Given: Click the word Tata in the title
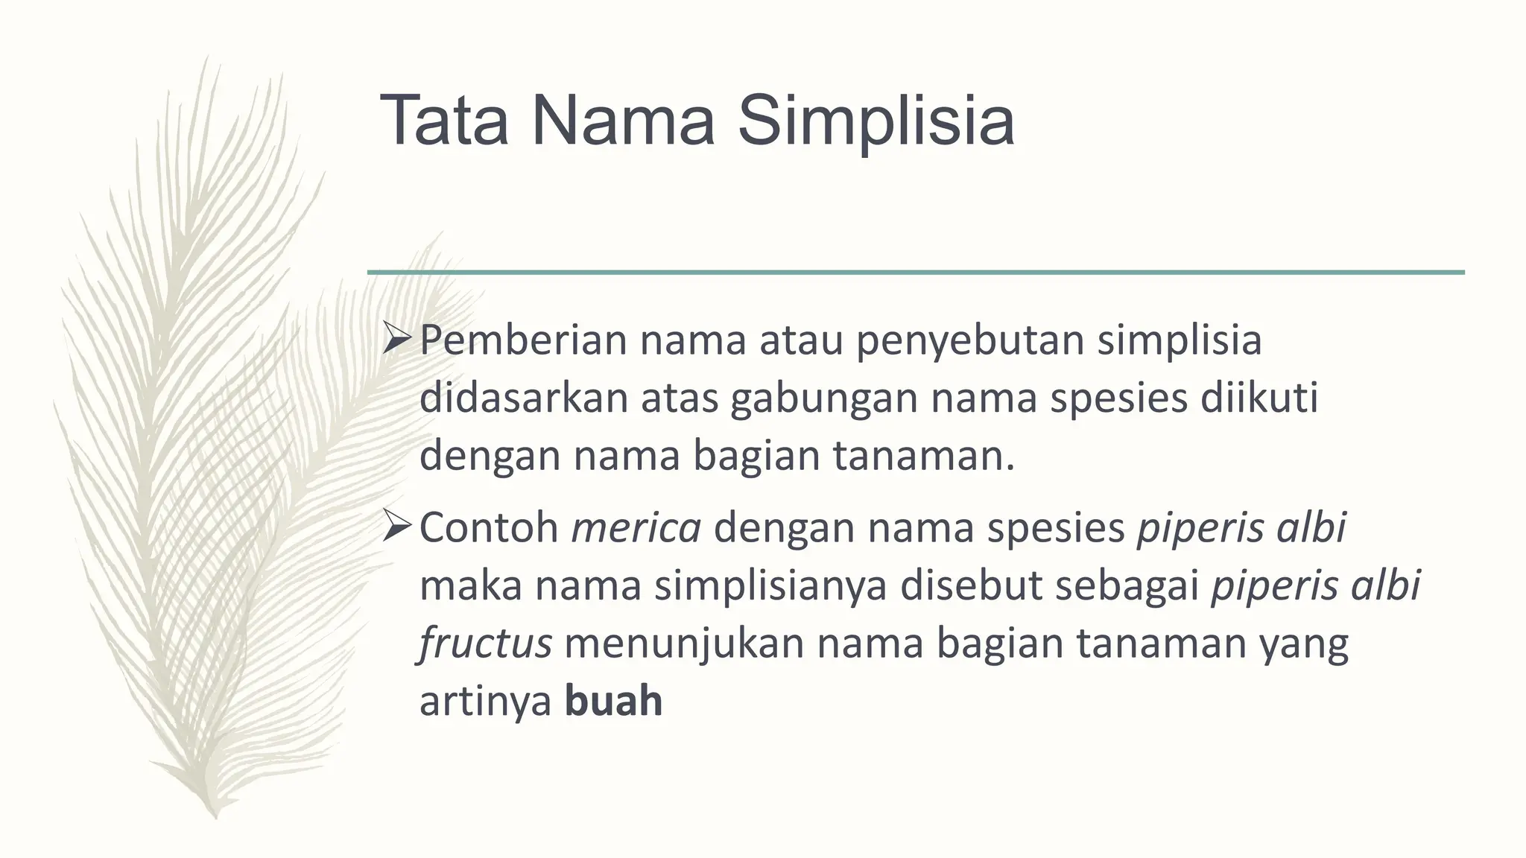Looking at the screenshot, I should click(445, 120).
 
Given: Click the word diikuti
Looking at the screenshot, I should click(1259, 398).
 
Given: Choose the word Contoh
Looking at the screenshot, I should click(489, 528).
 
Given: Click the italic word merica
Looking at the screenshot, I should click(636, 528).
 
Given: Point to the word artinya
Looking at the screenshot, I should click(485, 702).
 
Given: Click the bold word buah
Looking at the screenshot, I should click(613, 702).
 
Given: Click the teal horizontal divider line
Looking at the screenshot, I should click(916, 273).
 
